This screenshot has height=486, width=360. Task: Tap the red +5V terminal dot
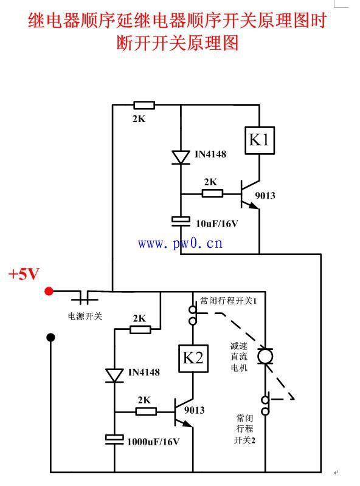[49, 291]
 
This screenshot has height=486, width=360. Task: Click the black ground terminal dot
[50, 337]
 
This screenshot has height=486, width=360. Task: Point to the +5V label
[24, 274]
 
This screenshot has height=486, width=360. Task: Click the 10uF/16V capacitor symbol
[181, 221]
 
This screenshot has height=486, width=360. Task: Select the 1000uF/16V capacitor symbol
[114, 439]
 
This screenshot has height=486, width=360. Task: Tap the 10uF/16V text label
[216, 224]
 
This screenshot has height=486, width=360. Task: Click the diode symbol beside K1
[181, 157]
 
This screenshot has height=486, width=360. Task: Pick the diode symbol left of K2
[114, 375]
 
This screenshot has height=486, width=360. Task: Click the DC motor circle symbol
[265, 356]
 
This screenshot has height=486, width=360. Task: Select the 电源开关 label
[85, 316]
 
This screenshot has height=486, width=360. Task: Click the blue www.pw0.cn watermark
[181, 244]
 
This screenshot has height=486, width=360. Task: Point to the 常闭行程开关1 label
[228, 301]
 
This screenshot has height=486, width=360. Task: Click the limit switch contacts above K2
[193, 315]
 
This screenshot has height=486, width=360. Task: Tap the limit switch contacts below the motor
[265, 405]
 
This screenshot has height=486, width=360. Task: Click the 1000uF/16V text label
[153, 442]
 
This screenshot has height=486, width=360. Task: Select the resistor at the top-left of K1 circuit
[144, 105]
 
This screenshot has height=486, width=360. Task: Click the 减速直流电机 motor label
[239, 357]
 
